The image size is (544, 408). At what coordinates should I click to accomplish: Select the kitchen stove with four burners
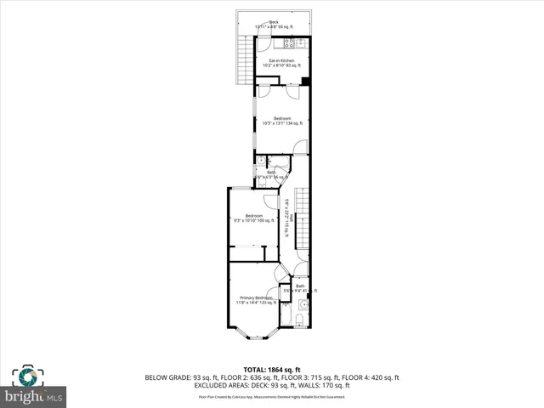(290, 42)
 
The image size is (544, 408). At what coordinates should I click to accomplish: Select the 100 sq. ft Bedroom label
(253, 218)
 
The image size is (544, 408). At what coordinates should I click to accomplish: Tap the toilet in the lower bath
(301, 318)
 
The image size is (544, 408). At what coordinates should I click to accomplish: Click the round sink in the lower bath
(303, 303)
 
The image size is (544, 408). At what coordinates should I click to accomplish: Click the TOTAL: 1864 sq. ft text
(272, 369)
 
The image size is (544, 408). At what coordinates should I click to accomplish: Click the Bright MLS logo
(33, 396)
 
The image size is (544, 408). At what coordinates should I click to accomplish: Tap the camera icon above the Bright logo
(25, 375)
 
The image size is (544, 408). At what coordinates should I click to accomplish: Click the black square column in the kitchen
(304, 82)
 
